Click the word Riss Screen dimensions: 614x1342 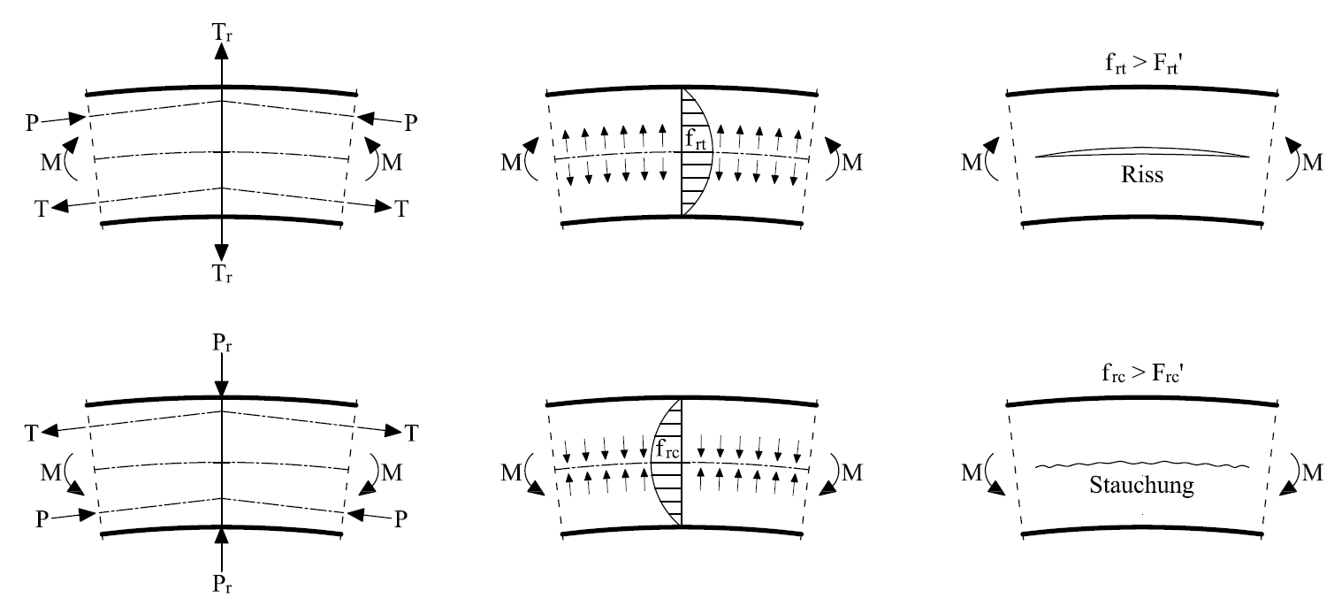1141,175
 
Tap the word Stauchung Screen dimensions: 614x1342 1141,485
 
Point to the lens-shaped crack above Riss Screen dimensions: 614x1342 1141,152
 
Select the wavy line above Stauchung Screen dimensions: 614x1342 1141,464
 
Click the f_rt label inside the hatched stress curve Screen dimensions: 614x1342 695,139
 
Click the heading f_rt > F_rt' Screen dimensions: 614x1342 1141,63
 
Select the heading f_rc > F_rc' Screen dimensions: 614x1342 1141,372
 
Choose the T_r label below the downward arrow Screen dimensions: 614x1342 223,274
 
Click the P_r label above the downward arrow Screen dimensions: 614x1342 223,344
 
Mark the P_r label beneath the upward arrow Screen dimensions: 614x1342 223,584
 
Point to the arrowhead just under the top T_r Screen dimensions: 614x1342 222,50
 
